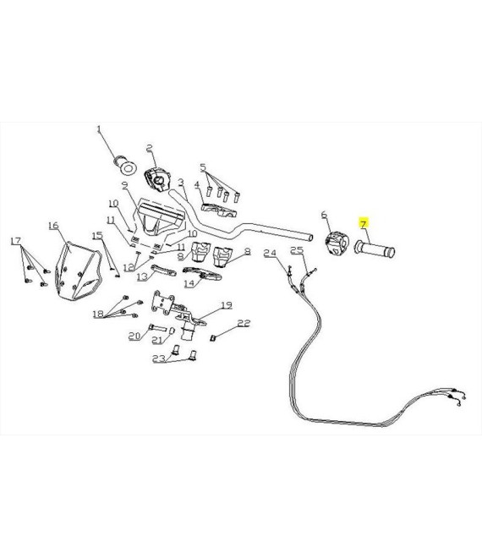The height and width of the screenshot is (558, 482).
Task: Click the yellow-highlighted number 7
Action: (363, 224)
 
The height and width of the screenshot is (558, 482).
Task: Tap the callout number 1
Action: (99, 129)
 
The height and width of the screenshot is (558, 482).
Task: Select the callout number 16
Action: (53, 225)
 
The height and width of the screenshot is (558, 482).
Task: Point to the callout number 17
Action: (16, 241)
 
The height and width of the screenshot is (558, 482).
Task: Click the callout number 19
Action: (227, 305)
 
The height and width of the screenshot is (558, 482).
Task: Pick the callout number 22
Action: (244, 323)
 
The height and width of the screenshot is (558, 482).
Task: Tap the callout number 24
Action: (270, 253)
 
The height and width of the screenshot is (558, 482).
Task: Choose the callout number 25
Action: (297, 250)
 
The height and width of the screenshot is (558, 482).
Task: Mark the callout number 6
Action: (324, 215)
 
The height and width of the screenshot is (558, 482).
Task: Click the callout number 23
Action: (159, 358)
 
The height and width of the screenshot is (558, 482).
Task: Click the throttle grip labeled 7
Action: (375, 248)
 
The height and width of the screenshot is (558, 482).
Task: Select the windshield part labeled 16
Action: (79, 271)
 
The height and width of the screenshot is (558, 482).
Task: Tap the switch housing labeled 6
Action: (337, 243)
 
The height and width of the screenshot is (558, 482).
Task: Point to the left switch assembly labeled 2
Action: (157, 180)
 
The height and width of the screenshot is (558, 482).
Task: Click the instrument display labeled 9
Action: (160, 219)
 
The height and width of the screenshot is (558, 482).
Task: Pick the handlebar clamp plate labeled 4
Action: (219, 211)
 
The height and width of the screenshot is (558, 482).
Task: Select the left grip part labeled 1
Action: (125, 166)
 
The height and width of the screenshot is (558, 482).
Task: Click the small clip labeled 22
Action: (213, 338)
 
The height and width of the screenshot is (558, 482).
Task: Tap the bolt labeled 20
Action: (157, 327)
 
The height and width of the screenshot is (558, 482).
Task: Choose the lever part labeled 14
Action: (202, 274)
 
